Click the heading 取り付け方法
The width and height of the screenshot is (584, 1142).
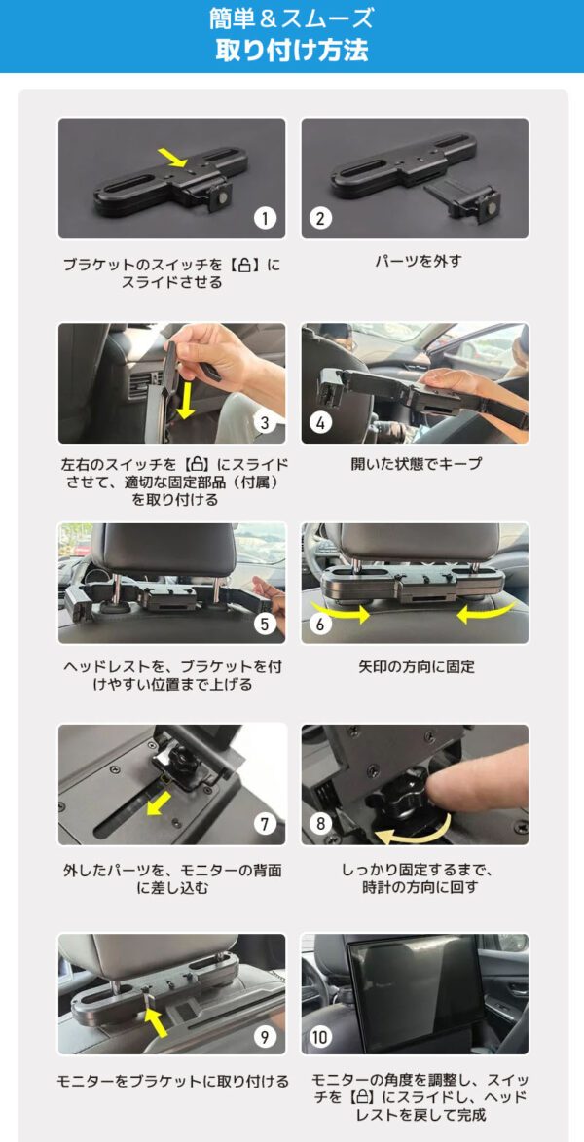tap(292, 50)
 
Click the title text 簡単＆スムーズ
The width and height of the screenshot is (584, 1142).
tap(292, 18)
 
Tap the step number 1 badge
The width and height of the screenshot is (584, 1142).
tap(266, 217)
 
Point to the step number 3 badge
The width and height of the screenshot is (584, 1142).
tap(264, 422)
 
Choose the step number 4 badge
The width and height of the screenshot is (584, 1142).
tap(322, 422)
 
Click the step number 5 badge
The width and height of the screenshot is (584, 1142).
tap(266, 623)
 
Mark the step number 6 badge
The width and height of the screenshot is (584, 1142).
tap(320, 623)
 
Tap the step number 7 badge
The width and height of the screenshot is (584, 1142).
tap(266, 824)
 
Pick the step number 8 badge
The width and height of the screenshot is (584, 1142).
tap(320, 824)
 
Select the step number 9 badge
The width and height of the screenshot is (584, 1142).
tap(266, 1036)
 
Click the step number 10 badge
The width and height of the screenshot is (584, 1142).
tap(320, 1036)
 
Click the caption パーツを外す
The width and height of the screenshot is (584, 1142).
tap(418, 261)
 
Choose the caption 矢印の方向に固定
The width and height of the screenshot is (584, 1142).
tap(416, 667)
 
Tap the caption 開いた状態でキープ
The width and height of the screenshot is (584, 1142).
tap(416, 464)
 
